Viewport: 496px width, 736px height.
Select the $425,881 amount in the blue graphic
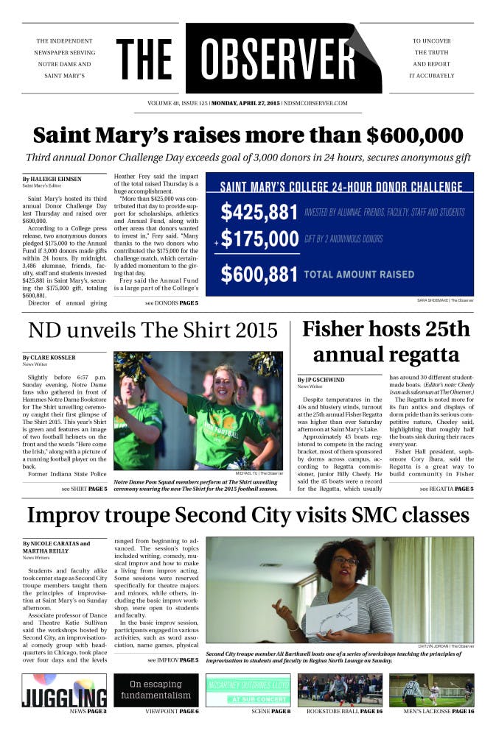point(259,212)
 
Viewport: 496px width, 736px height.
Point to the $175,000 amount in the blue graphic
point(259,239)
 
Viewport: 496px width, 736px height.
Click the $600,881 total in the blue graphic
point(259,274)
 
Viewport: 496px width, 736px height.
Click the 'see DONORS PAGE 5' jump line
point(172,302)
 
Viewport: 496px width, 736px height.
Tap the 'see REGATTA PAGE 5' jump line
point(447,489)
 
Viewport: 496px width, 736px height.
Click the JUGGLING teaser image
point(63,690)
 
